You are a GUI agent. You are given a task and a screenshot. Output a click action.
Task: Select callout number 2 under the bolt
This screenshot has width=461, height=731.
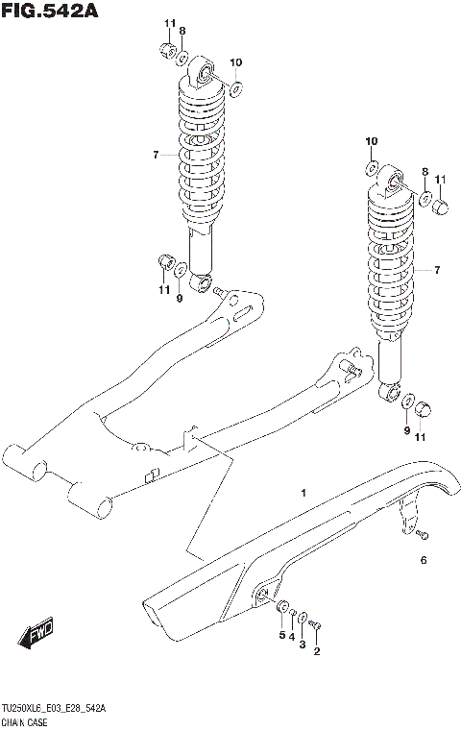pos(317,652)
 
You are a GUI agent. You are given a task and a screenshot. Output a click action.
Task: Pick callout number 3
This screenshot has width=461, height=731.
pos(303,645)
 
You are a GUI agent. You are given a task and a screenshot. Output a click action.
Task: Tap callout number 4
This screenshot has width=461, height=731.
pos(292,638)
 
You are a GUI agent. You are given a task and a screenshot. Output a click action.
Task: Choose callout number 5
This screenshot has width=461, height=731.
pos(281,635)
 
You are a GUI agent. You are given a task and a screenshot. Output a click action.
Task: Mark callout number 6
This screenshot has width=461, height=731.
pos(422,559)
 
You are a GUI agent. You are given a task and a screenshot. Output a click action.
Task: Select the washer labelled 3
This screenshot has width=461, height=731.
pos(303,618)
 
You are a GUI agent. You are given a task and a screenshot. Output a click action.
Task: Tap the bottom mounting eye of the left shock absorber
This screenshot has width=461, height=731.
pos(201,283)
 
